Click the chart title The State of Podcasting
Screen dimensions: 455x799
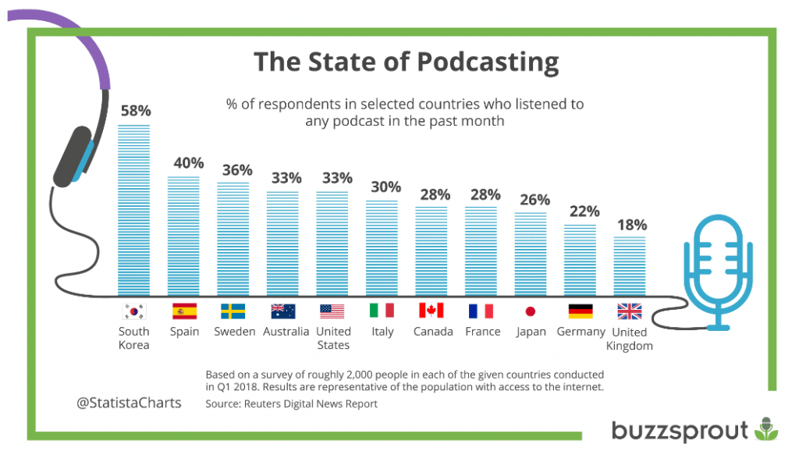[x=407, y=62]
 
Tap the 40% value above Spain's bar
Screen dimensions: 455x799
[x=188, y=163]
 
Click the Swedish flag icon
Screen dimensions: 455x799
[x=233, y=311]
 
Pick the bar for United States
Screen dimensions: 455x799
[x=332, y=242]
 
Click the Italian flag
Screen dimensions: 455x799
[x=382, y=311]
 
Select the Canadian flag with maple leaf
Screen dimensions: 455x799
[x=431, y=311]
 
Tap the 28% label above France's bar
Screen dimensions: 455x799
[x=485, y=194]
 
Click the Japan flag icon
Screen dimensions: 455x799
[x=531, y=311]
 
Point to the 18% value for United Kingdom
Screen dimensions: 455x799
[x=631, y=225]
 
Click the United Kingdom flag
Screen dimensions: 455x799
[x=630, y=311]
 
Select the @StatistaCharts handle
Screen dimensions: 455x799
[x=129, y=403]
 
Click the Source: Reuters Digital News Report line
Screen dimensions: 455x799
[x=291, y=403]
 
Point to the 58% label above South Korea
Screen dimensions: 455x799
[x=135, y=111]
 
